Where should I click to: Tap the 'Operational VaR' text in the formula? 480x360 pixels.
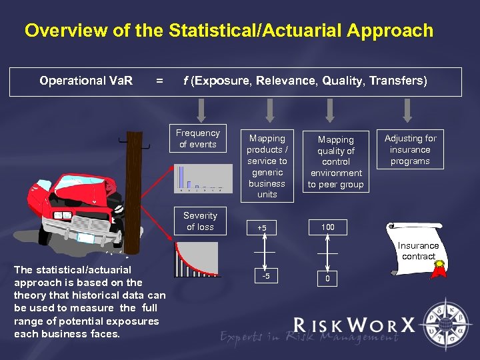(x=86, y=81)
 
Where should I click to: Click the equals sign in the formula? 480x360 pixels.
(x=158, y=81)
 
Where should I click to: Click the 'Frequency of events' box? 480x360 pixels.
(x=198, y=139)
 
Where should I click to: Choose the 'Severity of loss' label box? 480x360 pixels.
(x=200, y=221)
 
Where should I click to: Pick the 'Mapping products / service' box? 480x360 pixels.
(x=267, y=166)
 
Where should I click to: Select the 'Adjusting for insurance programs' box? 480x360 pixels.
(x=410, y=149)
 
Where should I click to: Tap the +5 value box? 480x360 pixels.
(x=262, y=229)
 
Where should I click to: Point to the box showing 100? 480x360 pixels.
(x=327, y=227)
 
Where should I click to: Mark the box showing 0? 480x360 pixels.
(x=327, y=278)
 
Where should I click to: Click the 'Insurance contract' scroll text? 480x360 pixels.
(x=419, y=251)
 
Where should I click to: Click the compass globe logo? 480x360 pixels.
(x=446, y=325)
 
